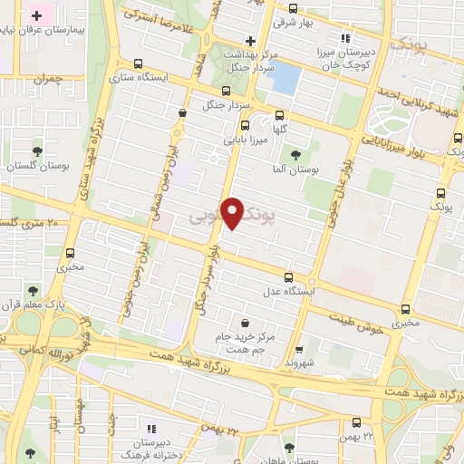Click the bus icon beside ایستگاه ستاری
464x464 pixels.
[138, 64]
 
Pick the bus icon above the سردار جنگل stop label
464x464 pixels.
[227, 91]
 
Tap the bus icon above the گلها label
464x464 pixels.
[279, 115]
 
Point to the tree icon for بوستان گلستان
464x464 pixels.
[37, 152]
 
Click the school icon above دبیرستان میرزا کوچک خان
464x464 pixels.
[344, 38]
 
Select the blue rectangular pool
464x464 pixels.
[285, 78]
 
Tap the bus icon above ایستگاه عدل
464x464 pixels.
[288, 277]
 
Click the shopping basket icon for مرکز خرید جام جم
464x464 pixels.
[246, 323]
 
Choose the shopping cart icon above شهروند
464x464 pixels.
[300, 345]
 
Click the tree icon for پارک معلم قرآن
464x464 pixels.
[33, 291]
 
